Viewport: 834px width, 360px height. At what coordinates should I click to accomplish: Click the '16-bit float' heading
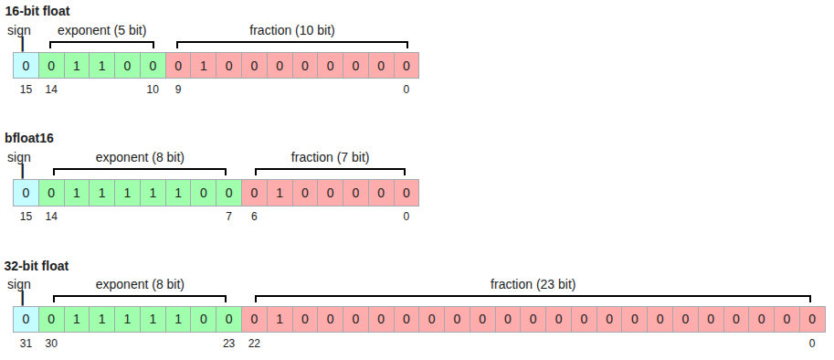click(37, 11)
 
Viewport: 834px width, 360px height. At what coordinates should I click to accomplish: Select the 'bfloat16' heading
click(29, 138)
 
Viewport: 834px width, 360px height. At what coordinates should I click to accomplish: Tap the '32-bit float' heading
click(37, 266)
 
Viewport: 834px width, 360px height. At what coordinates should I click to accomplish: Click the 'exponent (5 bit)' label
click(101, 31)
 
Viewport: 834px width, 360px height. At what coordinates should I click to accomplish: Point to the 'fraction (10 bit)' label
click(292, 31)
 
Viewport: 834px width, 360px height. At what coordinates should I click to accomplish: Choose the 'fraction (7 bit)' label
click(330, 158)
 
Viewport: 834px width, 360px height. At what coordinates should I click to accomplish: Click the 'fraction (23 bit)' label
click(533, 285)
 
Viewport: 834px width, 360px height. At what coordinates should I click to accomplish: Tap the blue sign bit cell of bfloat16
click(26, 193)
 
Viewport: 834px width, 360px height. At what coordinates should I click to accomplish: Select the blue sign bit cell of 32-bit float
click(26, 320)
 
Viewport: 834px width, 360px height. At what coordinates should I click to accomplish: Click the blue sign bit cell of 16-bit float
click(26, 66)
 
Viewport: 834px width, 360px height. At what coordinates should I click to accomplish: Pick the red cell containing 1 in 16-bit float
click(203, 66)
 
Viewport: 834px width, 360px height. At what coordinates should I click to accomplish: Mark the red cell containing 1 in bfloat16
click(280, 193)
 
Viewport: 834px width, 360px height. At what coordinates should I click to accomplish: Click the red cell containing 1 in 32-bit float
click(280, 320)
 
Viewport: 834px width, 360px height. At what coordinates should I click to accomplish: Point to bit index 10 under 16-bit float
click(153, 90)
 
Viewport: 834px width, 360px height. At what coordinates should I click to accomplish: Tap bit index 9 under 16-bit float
click(178, 90)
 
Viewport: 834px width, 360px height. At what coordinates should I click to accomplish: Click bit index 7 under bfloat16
click(228, 217)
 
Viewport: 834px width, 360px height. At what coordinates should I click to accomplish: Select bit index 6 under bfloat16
click(254, 217)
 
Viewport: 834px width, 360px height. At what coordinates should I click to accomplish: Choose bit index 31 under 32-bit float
click(26, 344)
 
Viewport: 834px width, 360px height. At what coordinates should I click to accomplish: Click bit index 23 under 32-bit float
click(228, 344)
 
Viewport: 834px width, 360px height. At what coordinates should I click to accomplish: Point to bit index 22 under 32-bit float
click(254, 344)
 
